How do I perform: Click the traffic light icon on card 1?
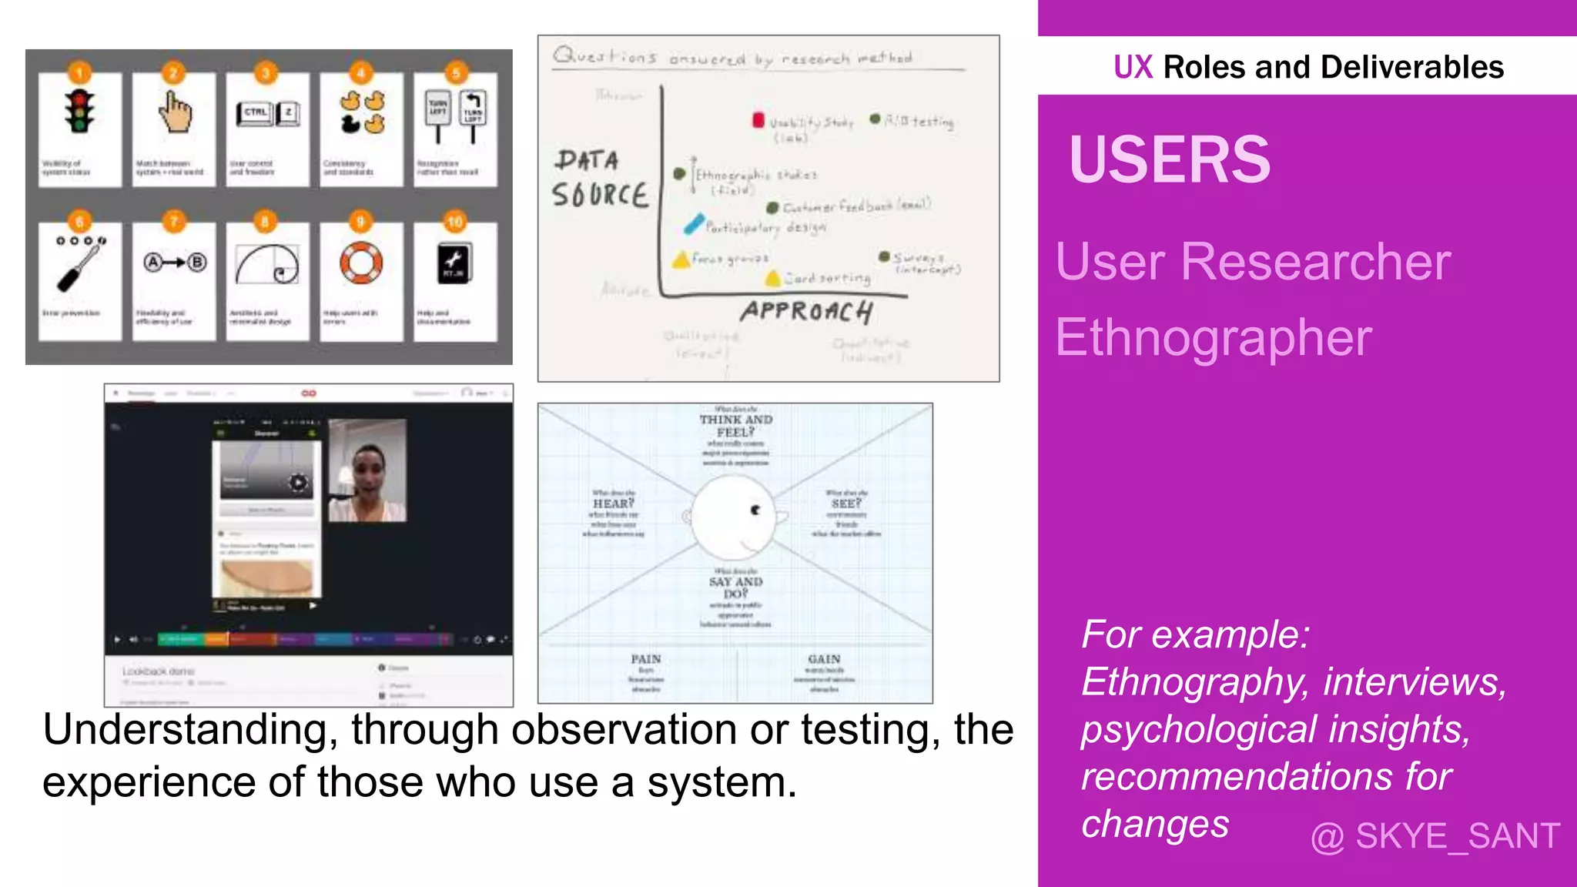point(79,112)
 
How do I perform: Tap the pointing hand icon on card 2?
point(175,112)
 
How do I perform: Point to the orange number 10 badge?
point(455,223)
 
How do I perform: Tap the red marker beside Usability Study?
point(758,120)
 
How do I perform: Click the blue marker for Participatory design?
point(694,224)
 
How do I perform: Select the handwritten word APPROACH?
point(806,312)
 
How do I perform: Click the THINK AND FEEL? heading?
point(735,426)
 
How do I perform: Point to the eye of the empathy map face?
point(755,510)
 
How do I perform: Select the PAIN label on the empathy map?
point(645,659)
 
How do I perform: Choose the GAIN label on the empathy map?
point(824,659)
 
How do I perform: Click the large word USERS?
point(1169,160)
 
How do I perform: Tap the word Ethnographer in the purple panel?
point(1213,338)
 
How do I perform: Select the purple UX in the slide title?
point(1133,68)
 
